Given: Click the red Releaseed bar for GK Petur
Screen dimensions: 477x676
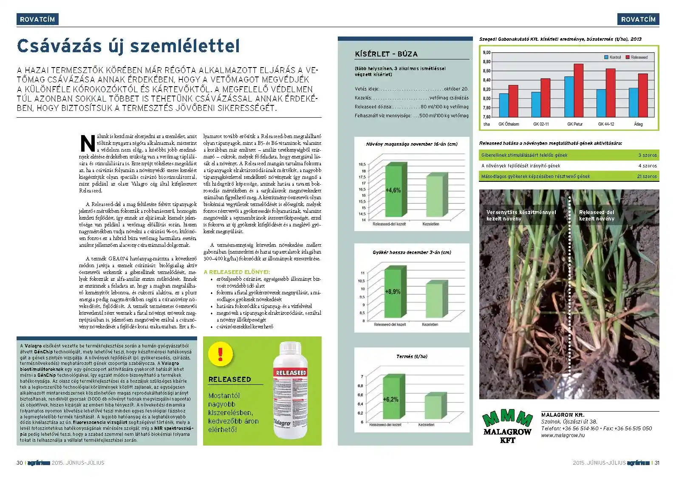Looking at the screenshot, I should point(578,90).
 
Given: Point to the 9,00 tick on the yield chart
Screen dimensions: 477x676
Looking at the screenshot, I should point(486,53).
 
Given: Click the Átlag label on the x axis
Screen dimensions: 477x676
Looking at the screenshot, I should point(638,124).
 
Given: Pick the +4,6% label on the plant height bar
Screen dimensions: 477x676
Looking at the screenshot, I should point(393,190).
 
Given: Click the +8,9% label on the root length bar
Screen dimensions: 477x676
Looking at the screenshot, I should point(393,292).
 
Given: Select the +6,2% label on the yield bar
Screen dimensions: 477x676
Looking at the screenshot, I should point(390,399).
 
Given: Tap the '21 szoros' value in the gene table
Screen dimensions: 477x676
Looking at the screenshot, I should point(647,176).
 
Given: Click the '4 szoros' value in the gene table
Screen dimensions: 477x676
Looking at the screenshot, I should point(647,166).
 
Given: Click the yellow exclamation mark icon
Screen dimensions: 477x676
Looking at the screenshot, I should point(221,354).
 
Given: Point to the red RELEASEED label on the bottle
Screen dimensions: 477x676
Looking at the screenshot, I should point(291,373).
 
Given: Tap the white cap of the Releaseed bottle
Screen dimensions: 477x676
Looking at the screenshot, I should point(291,347).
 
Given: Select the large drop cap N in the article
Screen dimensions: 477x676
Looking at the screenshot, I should point(88,144).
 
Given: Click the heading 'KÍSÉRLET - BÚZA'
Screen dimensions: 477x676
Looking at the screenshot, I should point(386,54).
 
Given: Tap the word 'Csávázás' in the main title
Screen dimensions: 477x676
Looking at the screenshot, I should point(59,46).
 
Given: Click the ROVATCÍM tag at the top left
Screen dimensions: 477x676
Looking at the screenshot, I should point(37,19).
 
